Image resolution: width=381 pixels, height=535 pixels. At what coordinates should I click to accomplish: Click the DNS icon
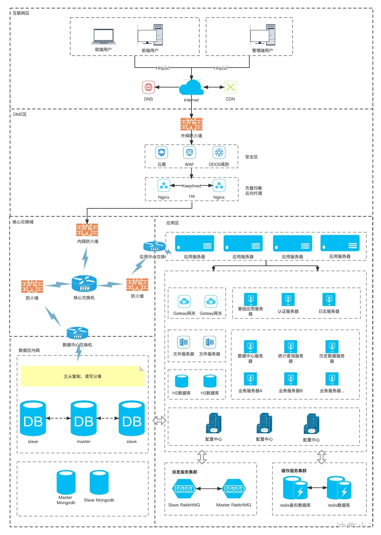click(x=148, y=87)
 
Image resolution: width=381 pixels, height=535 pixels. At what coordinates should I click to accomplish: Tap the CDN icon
click(x=230, y=87)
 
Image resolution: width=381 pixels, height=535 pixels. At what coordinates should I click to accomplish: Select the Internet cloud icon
click(x=191, y=87)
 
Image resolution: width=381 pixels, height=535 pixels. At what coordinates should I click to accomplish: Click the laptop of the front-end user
click(x=103, y=37)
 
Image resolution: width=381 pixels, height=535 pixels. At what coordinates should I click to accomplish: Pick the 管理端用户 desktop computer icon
click(x=263, y=35)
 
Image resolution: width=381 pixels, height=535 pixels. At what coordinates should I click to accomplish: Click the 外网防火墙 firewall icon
click(x=191, y=124)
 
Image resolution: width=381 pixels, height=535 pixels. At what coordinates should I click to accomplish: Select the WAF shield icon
click(x=190, y=153)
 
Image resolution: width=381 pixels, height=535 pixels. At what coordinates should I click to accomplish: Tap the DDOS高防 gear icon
click(x=219, y=153)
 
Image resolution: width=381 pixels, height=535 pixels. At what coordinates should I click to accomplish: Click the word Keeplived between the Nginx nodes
click(x=191, y=186)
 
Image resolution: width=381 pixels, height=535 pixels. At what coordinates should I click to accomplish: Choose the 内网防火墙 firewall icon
click(x=87, y=230)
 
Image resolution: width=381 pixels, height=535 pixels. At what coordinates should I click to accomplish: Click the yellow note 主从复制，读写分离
click(x=83, y=376)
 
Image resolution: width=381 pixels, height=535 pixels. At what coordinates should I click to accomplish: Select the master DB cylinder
click(x=84, y=419)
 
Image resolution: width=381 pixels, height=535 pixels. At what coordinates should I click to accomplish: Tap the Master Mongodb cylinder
click(x=66, y=482)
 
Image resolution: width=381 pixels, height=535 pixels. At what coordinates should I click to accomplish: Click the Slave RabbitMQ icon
click(x=184, y=488)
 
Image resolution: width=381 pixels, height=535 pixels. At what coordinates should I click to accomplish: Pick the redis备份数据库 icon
click(x=295, y=488)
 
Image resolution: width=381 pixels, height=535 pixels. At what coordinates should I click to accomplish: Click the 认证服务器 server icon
click(x=288, y=300)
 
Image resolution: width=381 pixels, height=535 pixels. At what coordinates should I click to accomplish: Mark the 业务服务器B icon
click(x=291, y=379)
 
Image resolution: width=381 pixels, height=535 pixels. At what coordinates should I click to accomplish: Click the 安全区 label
click(x=251, y=157)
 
